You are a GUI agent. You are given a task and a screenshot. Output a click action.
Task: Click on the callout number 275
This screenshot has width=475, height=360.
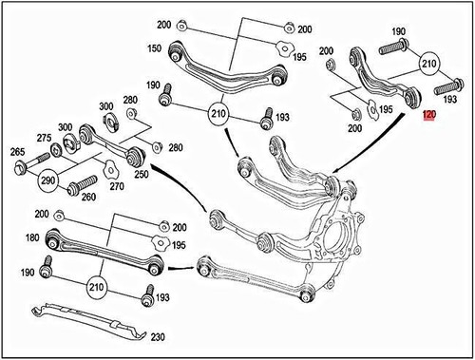44,139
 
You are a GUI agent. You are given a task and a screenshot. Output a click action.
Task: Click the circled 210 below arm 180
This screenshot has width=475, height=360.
96,284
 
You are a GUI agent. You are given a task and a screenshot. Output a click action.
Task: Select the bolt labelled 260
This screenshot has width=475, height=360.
80,180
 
